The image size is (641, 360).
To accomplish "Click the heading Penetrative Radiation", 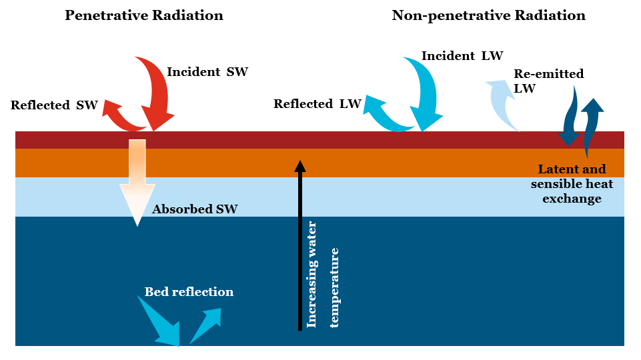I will point(143,15).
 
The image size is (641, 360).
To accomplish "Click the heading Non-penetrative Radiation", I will point(488,15).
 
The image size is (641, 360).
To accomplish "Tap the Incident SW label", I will point(207,72).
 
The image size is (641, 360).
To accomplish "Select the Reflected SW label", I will point(54,105).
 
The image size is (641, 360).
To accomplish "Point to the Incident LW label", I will point(462,55).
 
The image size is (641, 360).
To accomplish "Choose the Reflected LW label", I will point(317,104).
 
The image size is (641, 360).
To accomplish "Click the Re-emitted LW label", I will point(548,80).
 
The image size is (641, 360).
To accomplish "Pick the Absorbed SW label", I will point(195,209).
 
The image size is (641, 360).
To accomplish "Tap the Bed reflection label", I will point(189,292).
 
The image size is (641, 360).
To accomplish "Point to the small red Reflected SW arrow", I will point(120,117).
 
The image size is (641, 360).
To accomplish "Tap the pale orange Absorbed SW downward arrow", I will point(137,180).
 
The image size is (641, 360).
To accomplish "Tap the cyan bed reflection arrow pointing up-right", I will point(207,323).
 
